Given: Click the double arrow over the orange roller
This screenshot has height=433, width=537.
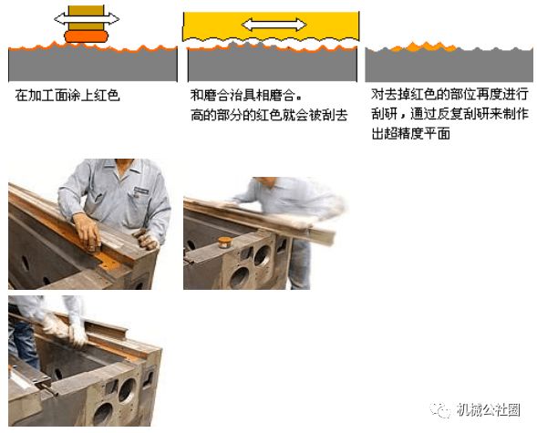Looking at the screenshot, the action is tap(87, 18).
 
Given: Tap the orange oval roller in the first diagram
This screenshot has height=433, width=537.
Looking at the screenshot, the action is tap(87, 36).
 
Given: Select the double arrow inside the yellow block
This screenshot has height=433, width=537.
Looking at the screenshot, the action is tap(274, 25).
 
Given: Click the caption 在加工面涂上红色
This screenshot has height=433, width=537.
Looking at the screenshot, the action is tap(67, 96).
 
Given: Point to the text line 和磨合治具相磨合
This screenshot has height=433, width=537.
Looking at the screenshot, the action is tap(246, 96).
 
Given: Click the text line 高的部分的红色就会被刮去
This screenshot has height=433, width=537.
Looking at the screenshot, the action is tap(269, 116).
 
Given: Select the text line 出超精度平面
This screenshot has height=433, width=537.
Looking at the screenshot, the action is tap(410, 133).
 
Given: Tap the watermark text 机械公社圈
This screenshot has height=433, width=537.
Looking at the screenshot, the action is tap(489, 409).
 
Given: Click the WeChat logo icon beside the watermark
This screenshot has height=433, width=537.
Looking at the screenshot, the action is tap(440, 409).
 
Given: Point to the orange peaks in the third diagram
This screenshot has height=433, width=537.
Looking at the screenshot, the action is tap(423, 47).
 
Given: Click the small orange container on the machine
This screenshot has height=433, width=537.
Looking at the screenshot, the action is tap(224, 242).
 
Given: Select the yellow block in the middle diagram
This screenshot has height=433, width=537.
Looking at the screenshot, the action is tap(271, 26).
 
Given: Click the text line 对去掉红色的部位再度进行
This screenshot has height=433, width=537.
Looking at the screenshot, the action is tap(450, 94).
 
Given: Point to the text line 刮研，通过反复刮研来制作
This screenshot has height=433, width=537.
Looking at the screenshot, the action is tap(450, 114).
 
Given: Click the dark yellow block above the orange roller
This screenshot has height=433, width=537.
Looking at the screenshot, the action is tap(86, 18).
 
